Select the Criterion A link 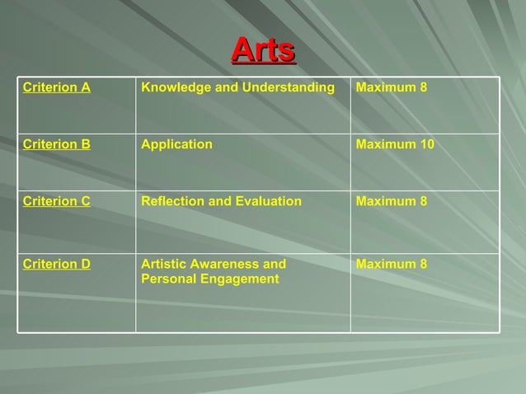pos(57,87)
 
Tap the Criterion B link pos(57,144)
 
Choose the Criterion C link pos(57,201)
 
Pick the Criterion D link pos(57,264)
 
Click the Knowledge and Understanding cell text pos(238,87)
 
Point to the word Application pos(176,144)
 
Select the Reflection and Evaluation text pos(221,201)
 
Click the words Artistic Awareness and pos(214,264)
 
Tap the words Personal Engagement pos(210,279)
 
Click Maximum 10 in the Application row pos(395,144)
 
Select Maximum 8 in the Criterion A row pos(392,87)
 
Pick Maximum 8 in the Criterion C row pos(392,201)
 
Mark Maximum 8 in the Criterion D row pos(392,264)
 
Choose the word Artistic pos(164,264)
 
